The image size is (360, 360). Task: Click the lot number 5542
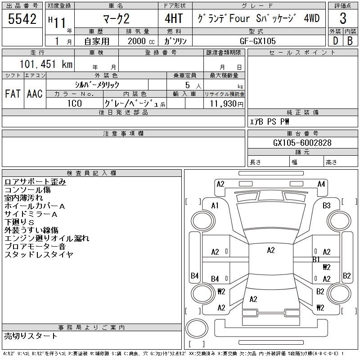(x=22, y=19)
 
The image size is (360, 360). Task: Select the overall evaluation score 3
(x=343, y=19)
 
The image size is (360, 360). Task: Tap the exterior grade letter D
(x=335, y=40)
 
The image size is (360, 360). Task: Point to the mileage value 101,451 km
(x=45, y=64)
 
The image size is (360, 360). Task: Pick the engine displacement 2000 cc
(x=138, y=40)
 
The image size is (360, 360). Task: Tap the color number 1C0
(x=75, y=103)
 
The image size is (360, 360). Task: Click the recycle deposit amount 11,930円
(x=224, y=104)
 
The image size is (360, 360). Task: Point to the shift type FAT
(x=13, y=94)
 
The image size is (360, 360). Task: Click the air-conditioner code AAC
(x=35, y=94)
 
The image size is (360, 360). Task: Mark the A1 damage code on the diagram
(x=215, y=206)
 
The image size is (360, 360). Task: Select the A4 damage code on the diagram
(x=321, y=184)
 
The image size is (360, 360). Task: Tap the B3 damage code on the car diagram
(x=327, y=206)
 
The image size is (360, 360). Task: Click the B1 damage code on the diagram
(x=316, y=259)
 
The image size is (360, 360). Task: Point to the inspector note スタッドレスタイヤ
(x=39, y=255)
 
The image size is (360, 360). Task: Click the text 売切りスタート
(x=31, y=336)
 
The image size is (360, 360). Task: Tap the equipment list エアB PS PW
(x=270, y=121)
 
